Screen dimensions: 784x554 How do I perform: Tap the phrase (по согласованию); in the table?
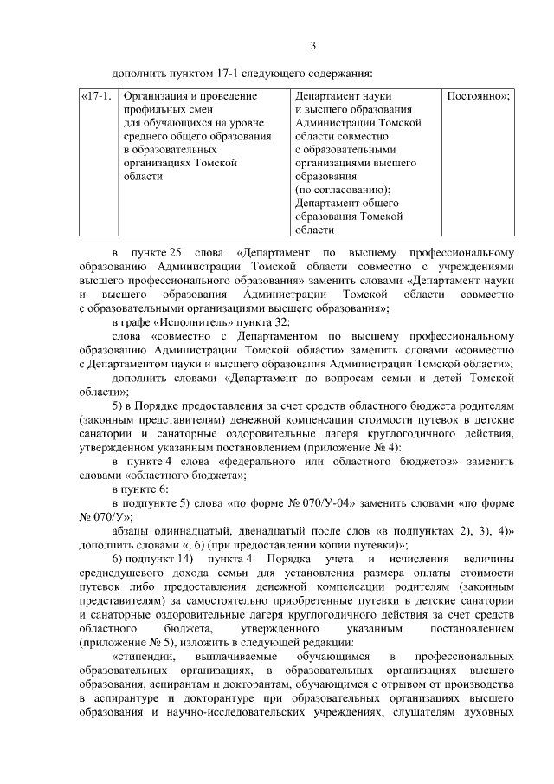(343, 190)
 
